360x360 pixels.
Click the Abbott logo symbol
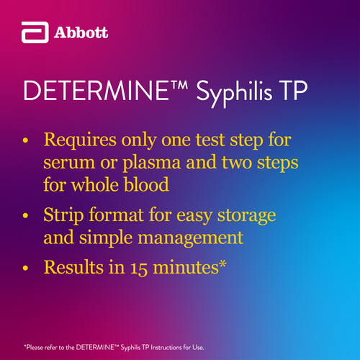pyautogui.click(x=35, y=32)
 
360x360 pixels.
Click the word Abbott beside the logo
pyautogui.click(x=81, y=32)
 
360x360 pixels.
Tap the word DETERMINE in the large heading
pyautogui.click(x=96, y=91)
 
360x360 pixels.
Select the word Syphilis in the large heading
pyautogui.click(x=234, y=93)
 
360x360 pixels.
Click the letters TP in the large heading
pyautogui.click(x=294, y=91)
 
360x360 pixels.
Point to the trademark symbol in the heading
pyautogui.click(x=179, y=85)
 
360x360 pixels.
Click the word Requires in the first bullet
pyautogui.click(x=80, y=140)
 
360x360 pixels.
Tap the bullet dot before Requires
pyautogui.click(x=25, y=140)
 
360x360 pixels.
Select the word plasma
pyautogui.click(x=151, y=163)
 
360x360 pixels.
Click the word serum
pyautogui.click(x=69, y=163)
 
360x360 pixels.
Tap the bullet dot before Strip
pyautogui.click(x=25, y=215)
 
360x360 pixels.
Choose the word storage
pyautogui.click(x=246, y=216)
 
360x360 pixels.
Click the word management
pyautogui.click(x=190, y=238)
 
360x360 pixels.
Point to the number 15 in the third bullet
pyautogui.click(x=139, y=268)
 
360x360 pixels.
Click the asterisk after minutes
pyautogui.click(x=222, y=264)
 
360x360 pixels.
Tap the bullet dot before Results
pyautogui.click(x=25, y=268)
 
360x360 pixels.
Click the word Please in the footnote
pyautogui.click(x=35, y=348)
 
